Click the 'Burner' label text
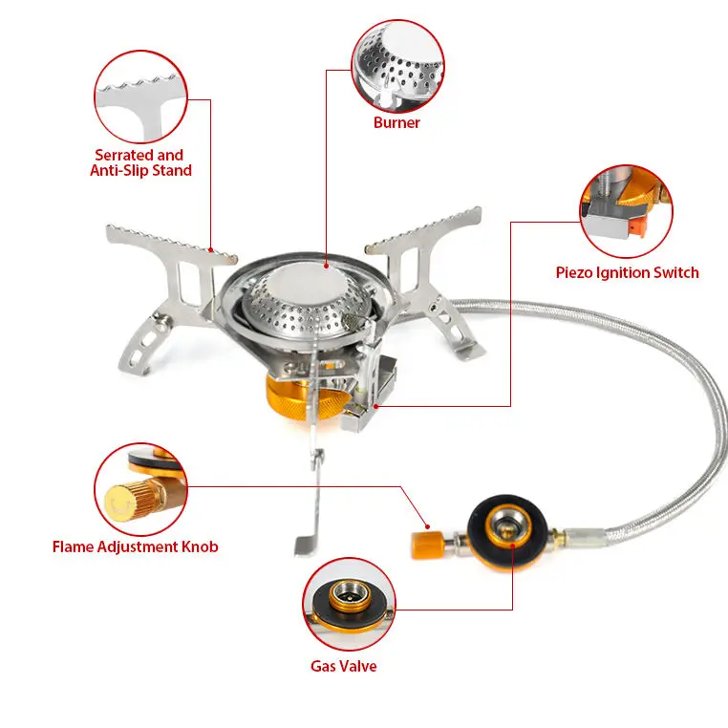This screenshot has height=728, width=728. [396, 123]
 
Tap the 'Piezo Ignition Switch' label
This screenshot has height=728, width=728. [627, 272]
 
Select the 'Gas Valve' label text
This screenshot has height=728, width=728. [343, 666]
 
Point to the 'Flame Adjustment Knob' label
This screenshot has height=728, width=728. [135, 546]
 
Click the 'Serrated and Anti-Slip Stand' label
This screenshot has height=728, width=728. [142, 162]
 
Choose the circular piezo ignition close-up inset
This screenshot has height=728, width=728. [627, 209]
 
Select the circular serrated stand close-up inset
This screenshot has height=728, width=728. [141, 96]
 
